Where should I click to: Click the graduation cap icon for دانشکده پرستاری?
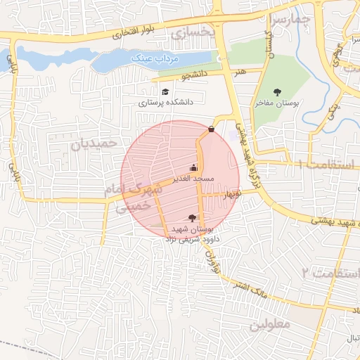pyautogui.click(x=165, y=91)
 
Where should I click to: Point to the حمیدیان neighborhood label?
pyautogui.click(x=92, y=143)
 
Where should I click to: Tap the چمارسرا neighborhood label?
pyautogui.click(x=289, y=20)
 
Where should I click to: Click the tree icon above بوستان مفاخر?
pyautogui.click(x=277, y=91)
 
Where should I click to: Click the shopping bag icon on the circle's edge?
pyautogui.click(x=212, y=129)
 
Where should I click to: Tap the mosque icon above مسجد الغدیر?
pyautogui.click(x=193, y=168)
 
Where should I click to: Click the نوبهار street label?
pyautogui.click(x=230, y=193)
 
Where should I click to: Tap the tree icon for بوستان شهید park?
pyautogui.click(x=193, y=219)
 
